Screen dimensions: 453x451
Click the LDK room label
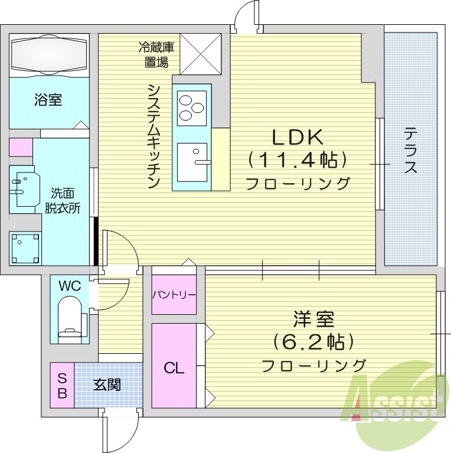pos(298,137)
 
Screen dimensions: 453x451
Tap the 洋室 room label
pos(313,320)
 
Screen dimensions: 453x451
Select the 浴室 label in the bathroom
pos(48,99)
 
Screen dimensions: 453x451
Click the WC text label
pos(69,286)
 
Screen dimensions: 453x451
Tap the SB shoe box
pos(62,384)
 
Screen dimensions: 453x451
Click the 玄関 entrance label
pos(107,385)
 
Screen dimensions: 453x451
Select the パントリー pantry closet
pos(174,294)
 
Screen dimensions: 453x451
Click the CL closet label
pos(174,369)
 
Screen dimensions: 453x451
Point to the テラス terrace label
pos(411,151)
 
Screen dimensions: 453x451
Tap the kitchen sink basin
pos(192,162)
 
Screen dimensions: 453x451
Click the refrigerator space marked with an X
pos(201,54)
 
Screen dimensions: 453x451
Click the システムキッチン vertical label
pos(154,136)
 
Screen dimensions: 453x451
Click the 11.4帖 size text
pos(297,160)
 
